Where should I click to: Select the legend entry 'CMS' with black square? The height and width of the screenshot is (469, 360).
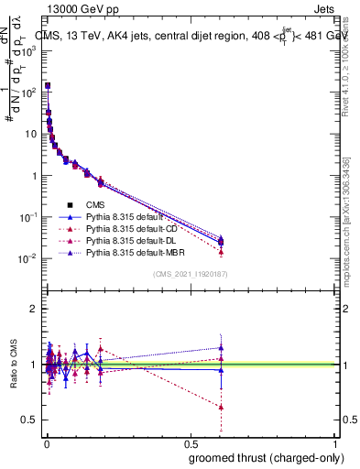point(97,204)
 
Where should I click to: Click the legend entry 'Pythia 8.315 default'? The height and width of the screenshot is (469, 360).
point(123,216)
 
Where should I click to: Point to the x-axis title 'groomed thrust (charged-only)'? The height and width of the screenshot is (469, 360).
point(267,458)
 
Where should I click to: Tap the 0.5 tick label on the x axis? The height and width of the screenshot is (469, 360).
point(190,442)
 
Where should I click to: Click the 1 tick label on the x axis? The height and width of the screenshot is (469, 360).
point(335,442)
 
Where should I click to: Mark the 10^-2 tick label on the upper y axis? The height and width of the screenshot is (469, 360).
point(27,258)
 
